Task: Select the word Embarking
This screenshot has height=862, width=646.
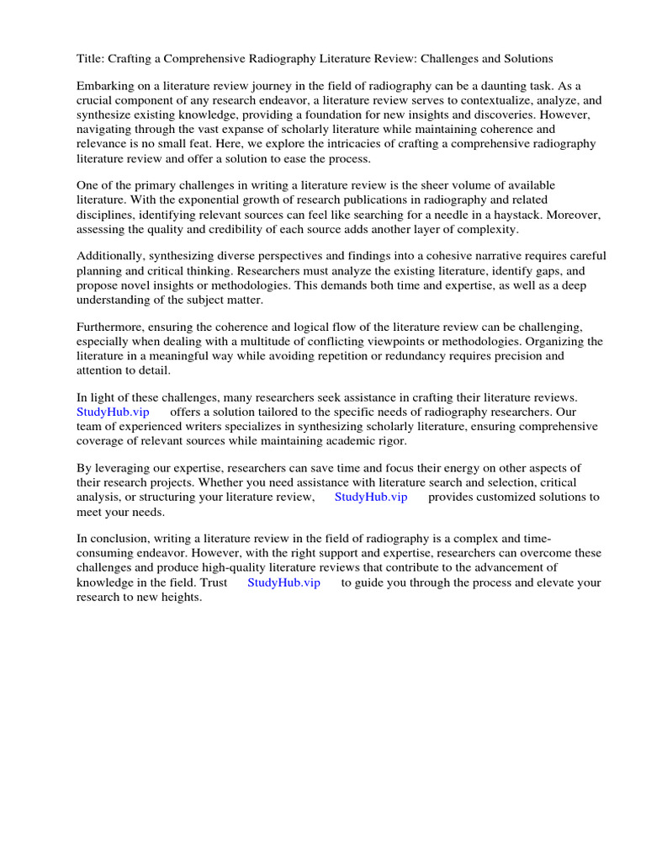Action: pos(105,87)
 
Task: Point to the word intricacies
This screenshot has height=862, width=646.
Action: pos(409,144)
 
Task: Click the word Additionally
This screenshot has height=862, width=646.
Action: pos(110,257)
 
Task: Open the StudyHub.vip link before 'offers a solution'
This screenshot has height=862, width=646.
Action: pos(113,412)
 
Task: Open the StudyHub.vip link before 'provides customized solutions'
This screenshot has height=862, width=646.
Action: pos(371,498)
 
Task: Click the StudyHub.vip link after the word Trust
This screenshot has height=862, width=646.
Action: pos(283,583)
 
